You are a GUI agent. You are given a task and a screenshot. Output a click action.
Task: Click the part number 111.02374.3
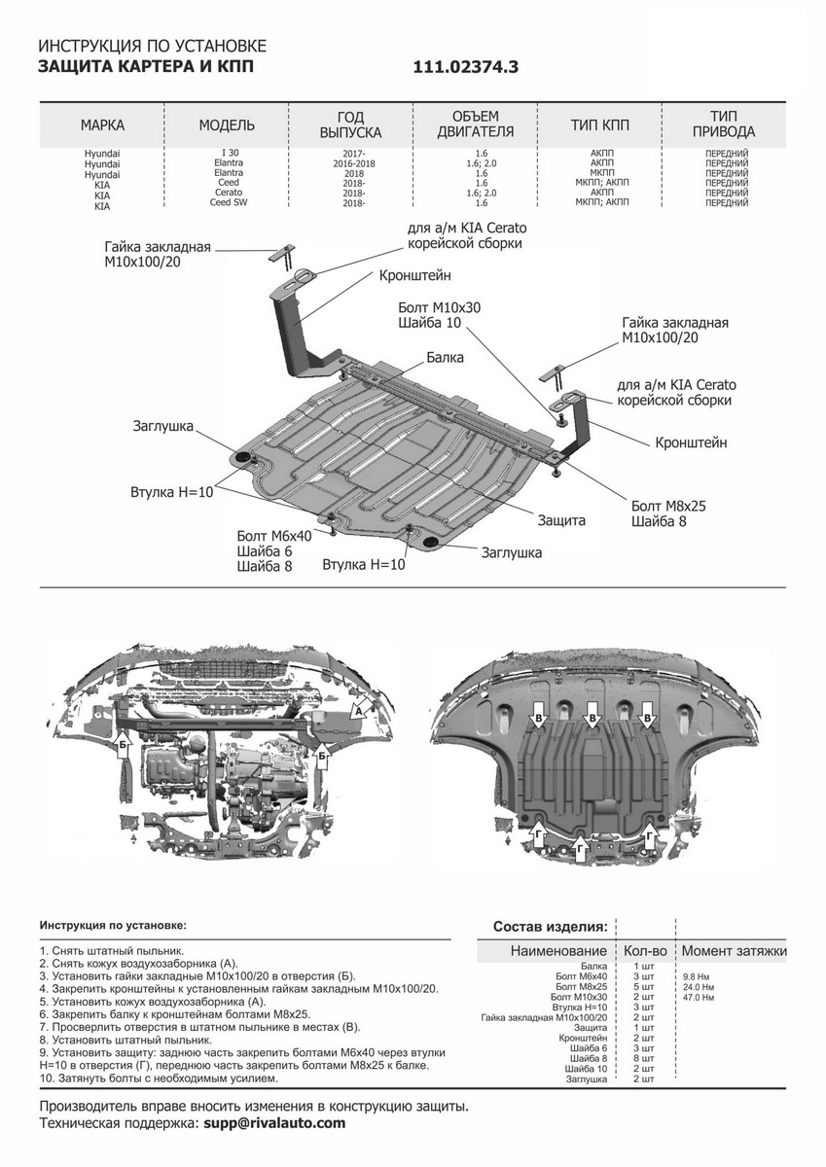(x=467, y=67)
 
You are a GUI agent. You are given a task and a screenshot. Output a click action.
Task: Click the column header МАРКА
(x=102, y=125)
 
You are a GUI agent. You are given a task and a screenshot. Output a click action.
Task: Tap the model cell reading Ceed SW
(x=227, y=203)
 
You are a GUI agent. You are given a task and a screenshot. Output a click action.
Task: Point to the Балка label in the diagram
(x=445, y=358)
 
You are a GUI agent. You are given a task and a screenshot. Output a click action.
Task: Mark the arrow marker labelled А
(x=358, y=712)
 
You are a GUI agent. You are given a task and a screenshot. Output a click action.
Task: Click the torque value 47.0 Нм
(x=700, y=998)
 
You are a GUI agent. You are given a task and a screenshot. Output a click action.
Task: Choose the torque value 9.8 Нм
(x=697, y=975)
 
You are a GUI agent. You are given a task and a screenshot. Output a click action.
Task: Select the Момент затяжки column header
(x=734, y=950)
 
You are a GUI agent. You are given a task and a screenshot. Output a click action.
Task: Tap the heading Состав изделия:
(x=551, y=925)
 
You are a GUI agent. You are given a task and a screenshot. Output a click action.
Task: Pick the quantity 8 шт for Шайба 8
(x=641, y=1058)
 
